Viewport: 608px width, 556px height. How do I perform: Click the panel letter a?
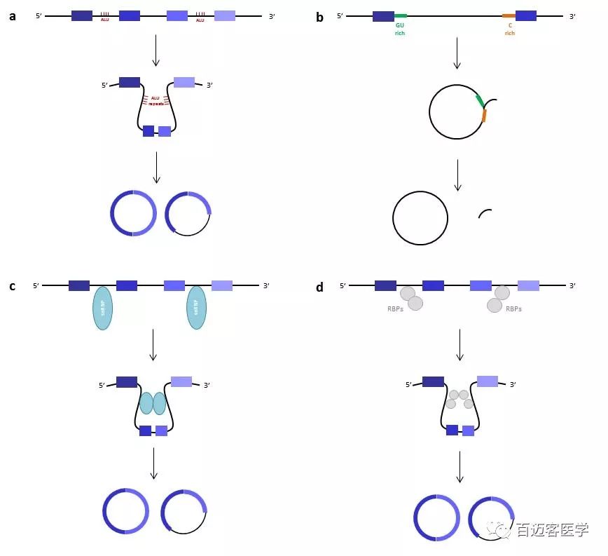[x=13, y=16]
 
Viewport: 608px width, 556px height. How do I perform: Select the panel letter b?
[x=319, y=17]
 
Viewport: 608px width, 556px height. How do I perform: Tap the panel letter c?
[x=12, y=286]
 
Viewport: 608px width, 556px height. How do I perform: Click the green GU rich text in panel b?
[x=400, y=29]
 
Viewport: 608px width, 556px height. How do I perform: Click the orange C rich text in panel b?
[x=509, y=29]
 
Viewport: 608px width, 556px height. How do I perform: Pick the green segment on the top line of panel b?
[x=400, y=15]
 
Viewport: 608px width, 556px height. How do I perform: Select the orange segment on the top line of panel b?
[x=509, y=15]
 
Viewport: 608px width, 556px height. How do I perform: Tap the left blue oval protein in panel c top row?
[x=103, y=308]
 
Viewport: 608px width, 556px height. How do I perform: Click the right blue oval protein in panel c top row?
[x=197, y=308]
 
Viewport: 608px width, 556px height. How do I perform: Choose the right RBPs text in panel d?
[x=513, y=308]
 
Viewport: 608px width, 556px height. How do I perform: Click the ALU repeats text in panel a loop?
[x=156, y=101]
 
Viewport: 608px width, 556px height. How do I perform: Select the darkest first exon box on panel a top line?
[x=81, y=15]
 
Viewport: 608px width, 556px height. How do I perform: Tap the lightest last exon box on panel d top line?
[x=528, y=285]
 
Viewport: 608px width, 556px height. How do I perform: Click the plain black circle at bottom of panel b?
[x=420, y=218]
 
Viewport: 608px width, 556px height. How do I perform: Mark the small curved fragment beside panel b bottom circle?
[x=484, y=212]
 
